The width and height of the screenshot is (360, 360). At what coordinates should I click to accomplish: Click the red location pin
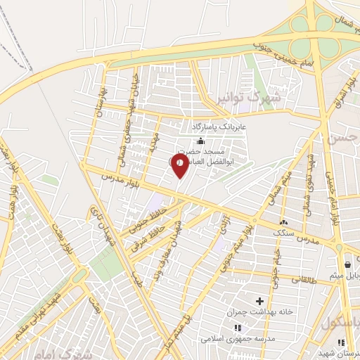click(x=179, y=165)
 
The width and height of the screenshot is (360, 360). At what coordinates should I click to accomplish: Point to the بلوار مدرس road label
click(x=115, y=177)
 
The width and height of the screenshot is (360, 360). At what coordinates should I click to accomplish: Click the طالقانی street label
click(x=302, y=279)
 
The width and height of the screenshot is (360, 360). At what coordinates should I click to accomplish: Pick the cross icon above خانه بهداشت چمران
click(x=259, y=301)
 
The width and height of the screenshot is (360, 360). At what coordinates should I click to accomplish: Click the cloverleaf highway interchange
click(x=309, y=35)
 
